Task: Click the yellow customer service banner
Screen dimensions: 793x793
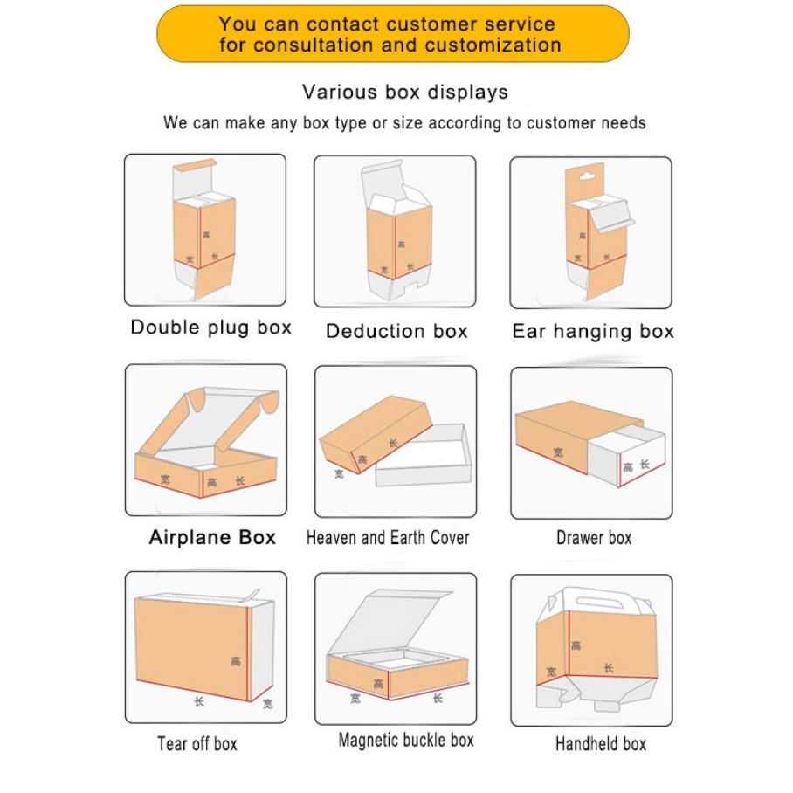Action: click(392, 33)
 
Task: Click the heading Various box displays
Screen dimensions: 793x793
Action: click(404, 92)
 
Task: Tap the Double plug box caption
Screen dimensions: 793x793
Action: click(210, 328)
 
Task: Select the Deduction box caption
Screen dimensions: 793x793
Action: click(396, 331)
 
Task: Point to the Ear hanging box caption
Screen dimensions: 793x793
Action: click(593, 331)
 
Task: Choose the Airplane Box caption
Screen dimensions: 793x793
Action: click(212, 537)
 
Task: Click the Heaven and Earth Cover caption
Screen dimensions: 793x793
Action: click(388, 538)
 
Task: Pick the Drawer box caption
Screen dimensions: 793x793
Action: click(594, 538)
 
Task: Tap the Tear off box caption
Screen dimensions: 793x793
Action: click(197, 744)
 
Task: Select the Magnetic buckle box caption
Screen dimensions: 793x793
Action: click(406, 741)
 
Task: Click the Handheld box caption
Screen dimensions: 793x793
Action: click(601, 744)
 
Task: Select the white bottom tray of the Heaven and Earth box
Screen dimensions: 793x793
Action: click(419, 459)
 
